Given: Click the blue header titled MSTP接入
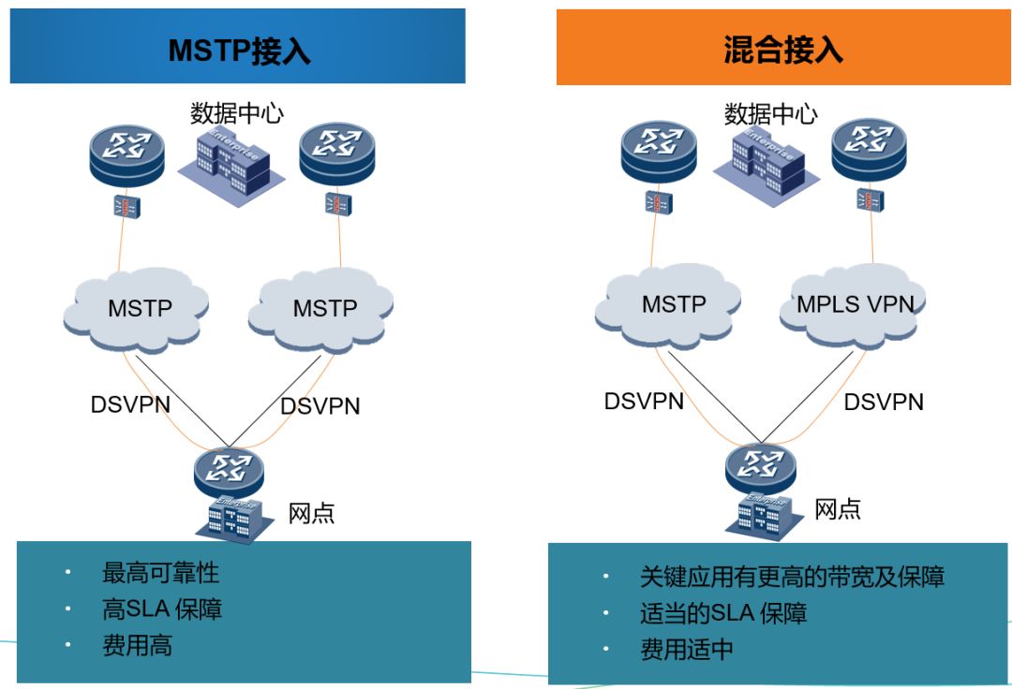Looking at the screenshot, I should tap(238, 48).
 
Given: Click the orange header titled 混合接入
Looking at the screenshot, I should tap(783, 48).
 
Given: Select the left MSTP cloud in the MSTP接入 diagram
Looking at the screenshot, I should tap(140, 308).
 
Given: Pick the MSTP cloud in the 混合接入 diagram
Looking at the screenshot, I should tap(673, 305).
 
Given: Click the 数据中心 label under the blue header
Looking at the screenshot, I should tap(237, 113).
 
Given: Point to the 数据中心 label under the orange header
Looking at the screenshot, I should tap(770, 114).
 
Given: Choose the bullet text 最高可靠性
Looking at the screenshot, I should tap(160, 572).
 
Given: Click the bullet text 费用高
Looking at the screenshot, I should tap(137, 645).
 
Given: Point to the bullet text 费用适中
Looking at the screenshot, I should tap(686, 650).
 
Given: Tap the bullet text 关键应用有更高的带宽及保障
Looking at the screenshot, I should tap(792, 577).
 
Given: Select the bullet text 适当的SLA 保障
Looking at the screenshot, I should tap(722, 613).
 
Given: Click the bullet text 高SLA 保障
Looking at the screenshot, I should tap(162, 608).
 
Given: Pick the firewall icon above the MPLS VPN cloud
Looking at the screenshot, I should tap(871, 199).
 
